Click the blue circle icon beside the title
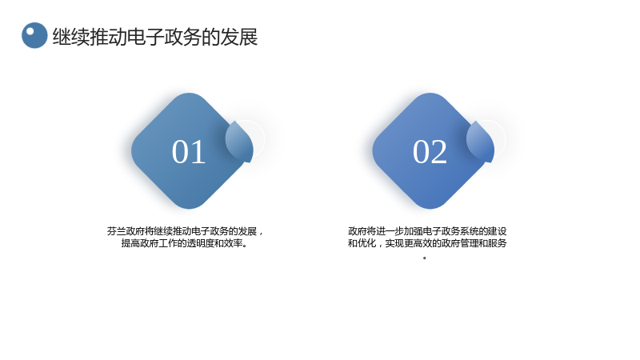point(34,35)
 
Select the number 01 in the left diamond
point(189,152)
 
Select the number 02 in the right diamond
point(430,152)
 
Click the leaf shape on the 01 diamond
point(239,142)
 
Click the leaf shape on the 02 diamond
point(481,142)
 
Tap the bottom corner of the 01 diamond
point(189,209)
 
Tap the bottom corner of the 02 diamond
point(430,209)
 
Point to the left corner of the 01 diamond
point(131,151)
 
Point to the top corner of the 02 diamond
point(430,94)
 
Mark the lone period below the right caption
point(425,258)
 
